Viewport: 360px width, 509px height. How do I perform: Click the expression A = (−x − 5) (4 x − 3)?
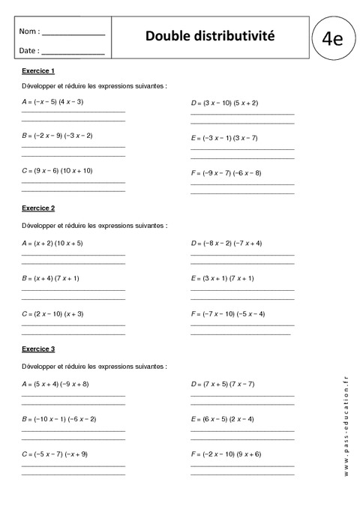[x=53, y=101]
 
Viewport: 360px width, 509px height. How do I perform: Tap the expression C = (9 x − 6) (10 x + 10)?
[x=58, y=171]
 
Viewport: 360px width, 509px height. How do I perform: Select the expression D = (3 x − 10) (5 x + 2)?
[x=226, y=103]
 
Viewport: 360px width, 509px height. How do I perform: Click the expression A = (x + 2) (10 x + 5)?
[x=52, y=243]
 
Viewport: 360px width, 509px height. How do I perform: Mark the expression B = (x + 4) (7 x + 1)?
[x=51, y=278]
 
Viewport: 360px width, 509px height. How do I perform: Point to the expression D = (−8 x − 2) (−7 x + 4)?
[x=226, y=243]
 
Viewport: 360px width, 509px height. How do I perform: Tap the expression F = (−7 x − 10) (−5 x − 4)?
[x=228, y=313]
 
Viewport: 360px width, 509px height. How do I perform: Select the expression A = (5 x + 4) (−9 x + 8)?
[x=55, y=384]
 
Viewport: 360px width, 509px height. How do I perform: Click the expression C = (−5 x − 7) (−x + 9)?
[x=55, y=454]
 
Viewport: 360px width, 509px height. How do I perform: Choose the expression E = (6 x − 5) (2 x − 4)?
[x=223, y=418]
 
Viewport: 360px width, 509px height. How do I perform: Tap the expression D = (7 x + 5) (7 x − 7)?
[x=223, y=384]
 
